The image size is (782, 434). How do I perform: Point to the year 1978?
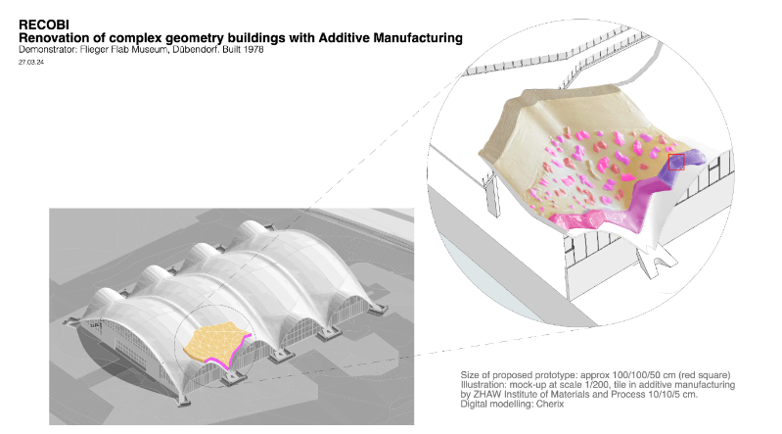click(253, 50)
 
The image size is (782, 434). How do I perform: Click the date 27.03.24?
click(31, 62)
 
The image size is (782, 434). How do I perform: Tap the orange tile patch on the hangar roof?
click(214, 343)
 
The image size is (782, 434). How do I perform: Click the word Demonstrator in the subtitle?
click(43, 50)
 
